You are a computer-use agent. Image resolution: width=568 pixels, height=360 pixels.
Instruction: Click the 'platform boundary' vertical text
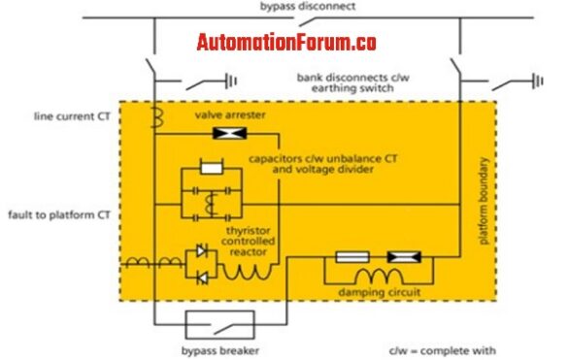[x=484, y=204]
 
